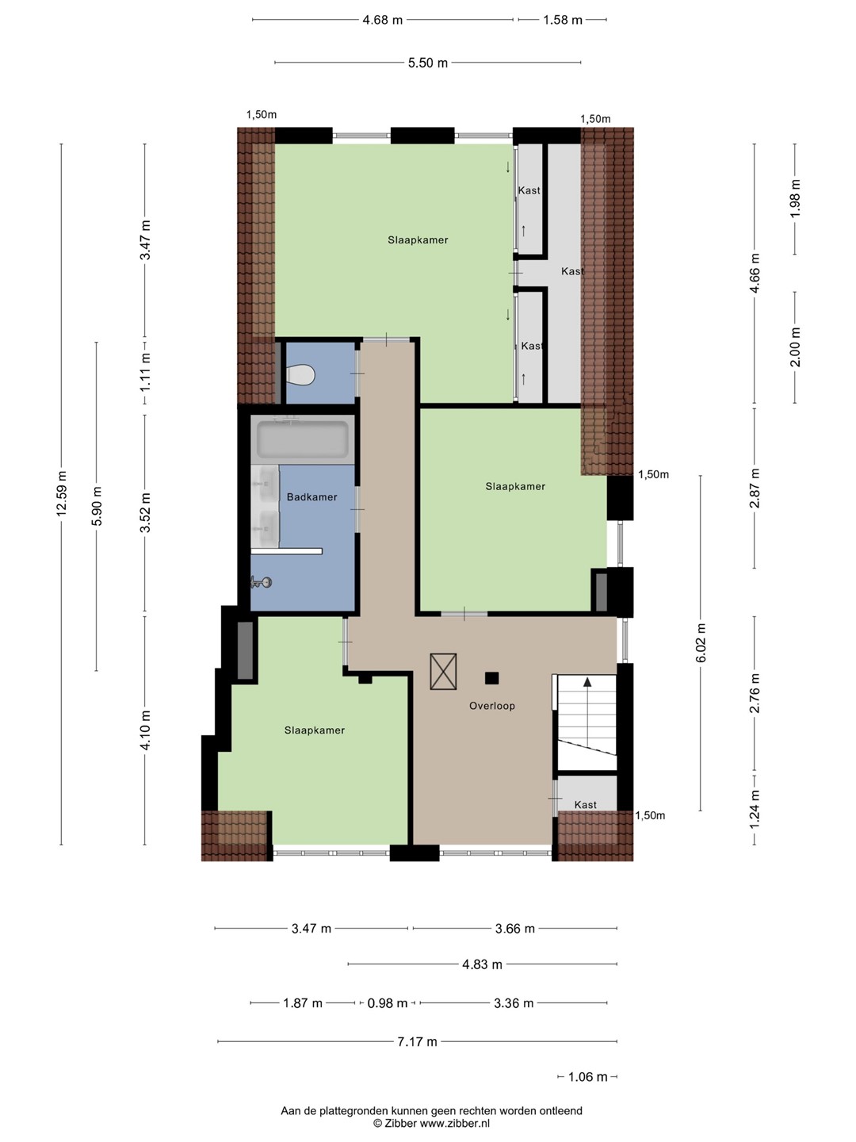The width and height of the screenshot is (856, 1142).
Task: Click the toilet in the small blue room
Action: click(301, 374)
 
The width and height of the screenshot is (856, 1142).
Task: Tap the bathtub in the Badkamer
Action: click(303, 439)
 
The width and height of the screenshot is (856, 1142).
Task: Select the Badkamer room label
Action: click(311, 497)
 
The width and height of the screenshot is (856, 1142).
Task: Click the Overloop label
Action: click(491, 706)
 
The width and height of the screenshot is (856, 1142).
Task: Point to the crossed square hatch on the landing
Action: click(443, 672)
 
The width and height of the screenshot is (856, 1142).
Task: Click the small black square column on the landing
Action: click(491, 678)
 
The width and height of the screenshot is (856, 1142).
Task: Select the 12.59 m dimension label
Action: click(62, 494)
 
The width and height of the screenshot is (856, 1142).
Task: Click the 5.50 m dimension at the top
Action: click(428, 63)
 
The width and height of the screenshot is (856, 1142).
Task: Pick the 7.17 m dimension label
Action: click(418, 1041)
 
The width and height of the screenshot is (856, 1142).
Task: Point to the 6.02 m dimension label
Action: click(701, 643)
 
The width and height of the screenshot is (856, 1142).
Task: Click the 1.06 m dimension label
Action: click(588, 1077)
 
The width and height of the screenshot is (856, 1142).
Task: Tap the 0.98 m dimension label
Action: click(388, 1003)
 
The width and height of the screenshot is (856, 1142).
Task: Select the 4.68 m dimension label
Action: click(383, 21)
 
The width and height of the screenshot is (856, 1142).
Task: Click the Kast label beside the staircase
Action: click(585, 805)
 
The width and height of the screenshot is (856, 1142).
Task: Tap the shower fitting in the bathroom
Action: click(261, 582)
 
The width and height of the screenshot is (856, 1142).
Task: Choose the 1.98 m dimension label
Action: click(795, 198)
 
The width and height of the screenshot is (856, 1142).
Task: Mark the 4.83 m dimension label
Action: click(483, 964)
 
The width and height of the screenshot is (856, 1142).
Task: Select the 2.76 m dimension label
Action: click(755, 692)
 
